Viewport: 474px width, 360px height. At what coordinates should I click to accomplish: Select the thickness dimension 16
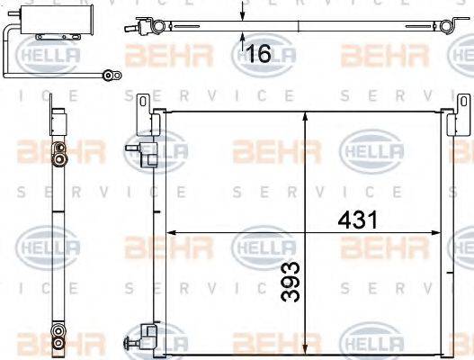point(257,54)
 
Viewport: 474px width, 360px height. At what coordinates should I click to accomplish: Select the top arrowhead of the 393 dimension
point(308,115)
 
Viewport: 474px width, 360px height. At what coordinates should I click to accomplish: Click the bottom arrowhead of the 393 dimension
point(308,345)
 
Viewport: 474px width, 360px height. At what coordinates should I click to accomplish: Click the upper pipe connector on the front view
point(139,144)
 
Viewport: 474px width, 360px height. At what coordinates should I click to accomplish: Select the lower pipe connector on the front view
point(139,341)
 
